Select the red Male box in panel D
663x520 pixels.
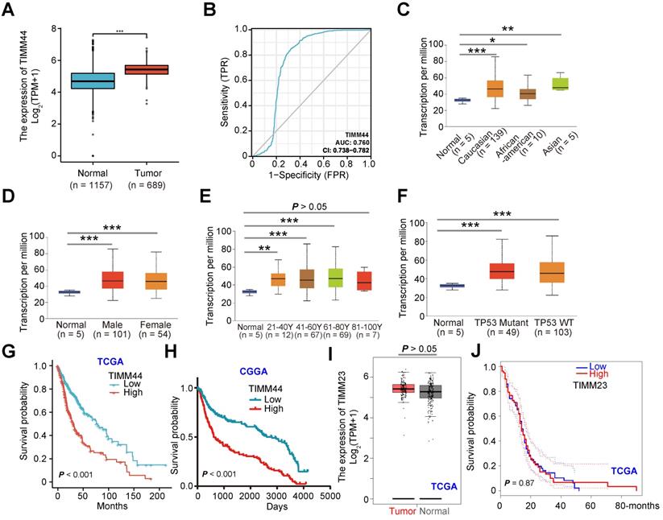click(90, 279)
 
